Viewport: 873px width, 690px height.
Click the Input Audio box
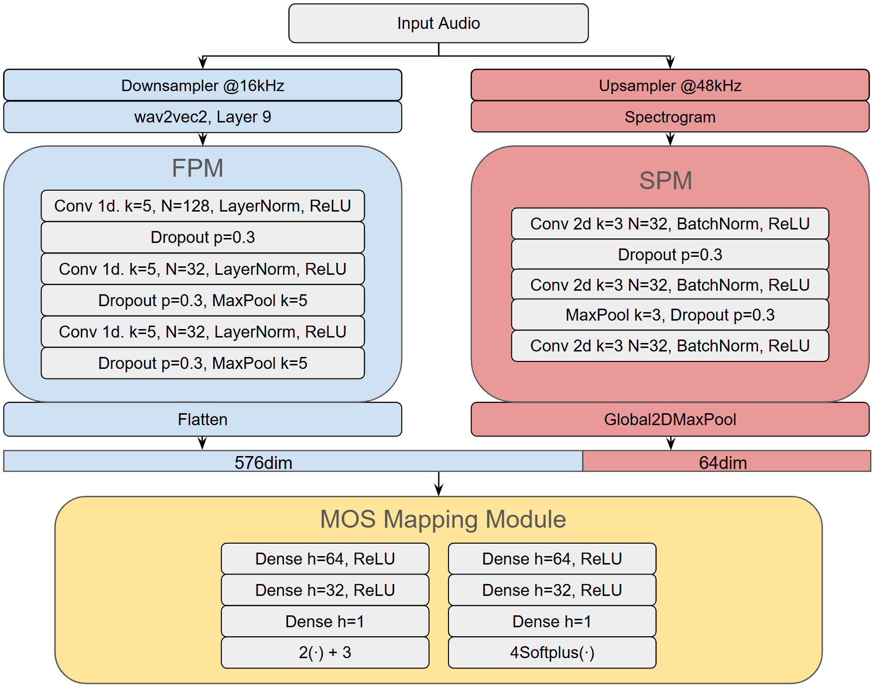pyautogui.click(x=438, y=23)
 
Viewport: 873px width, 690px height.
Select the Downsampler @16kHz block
pyautogui.click(x=202, y=86)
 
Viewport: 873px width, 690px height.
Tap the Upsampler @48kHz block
pyautogui.click(x=670, y=86)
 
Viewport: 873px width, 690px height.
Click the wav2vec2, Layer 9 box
pyautogui.click(x=202, y=117)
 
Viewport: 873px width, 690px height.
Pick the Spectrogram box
pyautogui.click(x=670, y=117)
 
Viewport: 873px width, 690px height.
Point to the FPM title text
pyautogui.click(x=197, y=168)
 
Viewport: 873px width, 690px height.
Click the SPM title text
pyautogui.click(x=666, y=180)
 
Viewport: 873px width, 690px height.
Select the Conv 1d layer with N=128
pyautogui.click(x=202, y=206)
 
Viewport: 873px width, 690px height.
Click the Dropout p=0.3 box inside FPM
pyautogui.click(x=202, y=237)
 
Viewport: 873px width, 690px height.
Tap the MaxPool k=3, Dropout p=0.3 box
pyautogui.click(x=670, y=315)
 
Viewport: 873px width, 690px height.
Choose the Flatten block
pyautogui.click(x=202, y=419)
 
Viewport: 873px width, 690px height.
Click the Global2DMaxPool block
pyautogui.click(x=670, y=419)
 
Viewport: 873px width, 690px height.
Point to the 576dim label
pyautogui.click(x=263, y=462)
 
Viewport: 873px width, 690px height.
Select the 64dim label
pyautogui.click(x=723, y=462)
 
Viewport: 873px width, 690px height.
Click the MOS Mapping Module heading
pyautogui.click(x=442, y=519)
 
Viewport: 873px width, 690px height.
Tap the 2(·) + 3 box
pyautogui.click(x=325, y=652)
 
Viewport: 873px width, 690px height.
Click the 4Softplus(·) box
pyautogui.click(x=552, y=652)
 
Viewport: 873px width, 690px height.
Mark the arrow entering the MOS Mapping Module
pyautogui.click(x=438, y=485)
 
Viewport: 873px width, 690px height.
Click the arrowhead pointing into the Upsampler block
pyautogui.click(x=670, y=63)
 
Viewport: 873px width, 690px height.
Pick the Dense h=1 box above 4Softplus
pyautogui.click(x=552, y=621)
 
